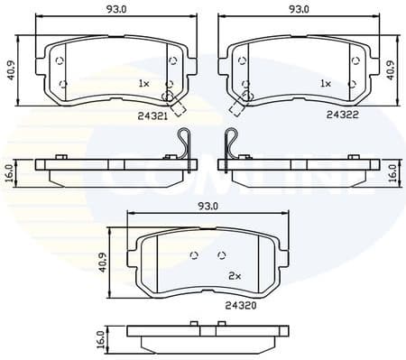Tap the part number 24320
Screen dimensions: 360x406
click(x=236, y=305)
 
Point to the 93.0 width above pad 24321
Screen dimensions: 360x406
click(x=112, y=10)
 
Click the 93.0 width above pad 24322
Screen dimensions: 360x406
click(x=299, y=10)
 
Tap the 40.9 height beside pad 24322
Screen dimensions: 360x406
click(x=391, y=69)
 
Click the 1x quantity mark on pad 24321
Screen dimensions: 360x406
click(x=143, y=83)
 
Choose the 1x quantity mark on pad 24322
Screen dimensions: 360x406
click(x=327, y=83)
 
